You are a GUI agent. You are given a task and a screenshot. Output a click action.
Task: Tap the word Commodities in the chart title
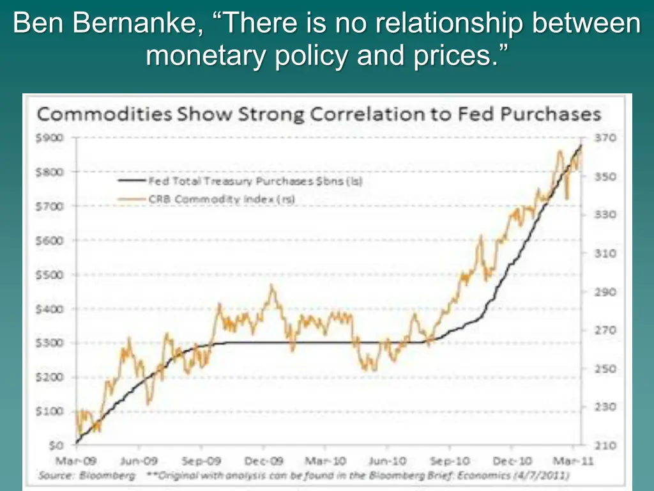[x=103, y=115]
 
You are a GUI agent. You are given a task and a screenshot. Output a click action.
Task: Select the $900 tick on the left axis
[x=49, y=137]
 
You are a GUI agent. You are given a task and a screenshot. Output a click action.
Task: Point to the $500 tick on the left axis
[x=49, y=275]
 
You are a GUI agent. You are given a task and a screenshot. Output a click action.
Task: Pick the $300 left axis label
[x=49, y=343]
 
